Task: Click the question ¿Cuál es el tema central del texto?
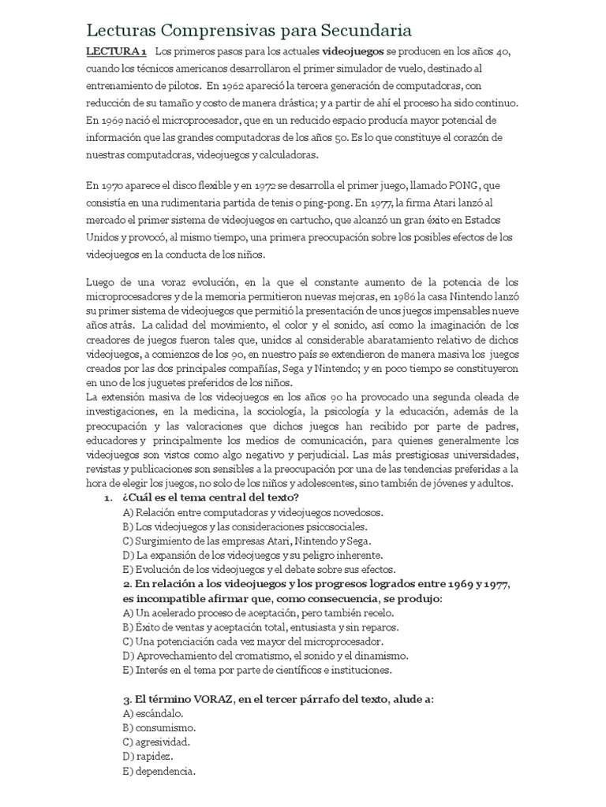pyautogui.click(x=210, y=498)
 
